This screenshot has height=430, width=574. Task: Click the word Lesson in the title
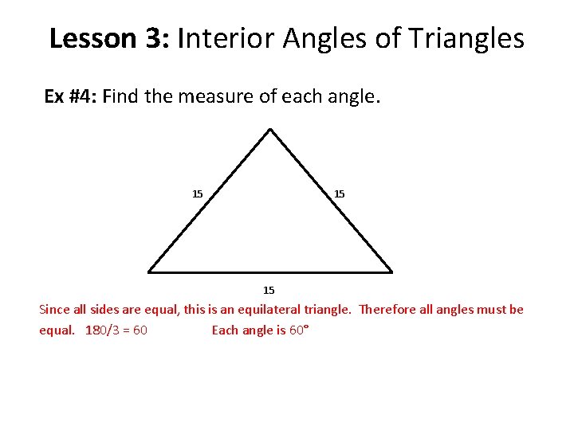(94, 38)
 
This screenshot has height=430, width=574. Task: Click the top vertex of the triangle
(271, 130)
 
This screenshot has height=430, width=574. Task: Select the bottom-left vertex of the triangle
(149, 271)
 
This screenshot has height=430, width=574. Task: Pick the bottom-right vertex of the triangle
(392, 271)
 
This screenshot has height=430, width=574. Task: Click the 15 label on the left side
(198, 193)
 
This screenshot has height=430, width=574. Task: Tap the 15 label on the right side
(339, 193)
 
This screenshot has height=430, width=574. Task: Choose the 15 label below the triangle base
(269, 290)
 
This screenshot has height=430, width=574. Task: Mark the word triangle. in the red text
(326, 309)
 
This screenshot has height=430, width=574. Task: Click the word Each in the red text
(224, 330)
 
